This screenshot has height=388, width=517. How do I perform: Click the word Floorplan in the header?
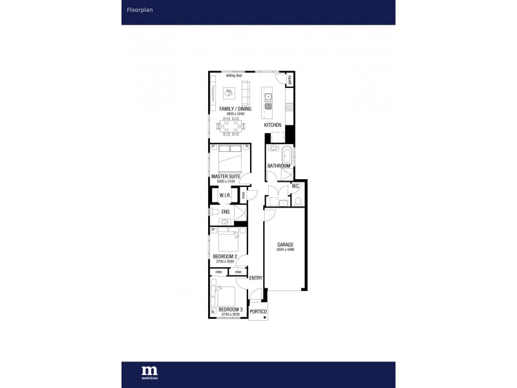(135, 10)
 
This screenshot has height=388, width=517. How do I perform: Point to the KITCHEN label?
(272, 124)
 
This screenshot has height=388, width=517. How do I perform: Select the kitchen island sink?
(268, 98)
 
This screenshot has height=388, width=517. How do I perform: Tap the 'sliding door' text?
(234, 76)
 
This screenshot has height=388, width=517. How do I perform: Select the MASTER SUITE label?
(226, 176)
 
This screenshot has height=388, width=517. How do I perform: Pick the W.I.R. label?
(226, 195)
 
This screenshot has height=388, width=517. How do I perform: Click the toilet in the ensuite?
(215, 211)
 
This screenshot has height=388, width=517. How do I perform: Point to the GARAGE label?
(285, 244)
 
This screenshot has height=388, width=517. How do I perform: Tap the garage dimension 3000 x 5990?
(285, 250)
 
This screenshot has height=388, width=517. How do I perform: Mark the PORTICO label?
(258, 311)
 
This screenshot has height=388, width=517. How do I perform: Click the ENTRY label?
(255, 278)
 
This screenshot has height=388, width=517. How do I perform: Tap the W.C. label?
(295, 186)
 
